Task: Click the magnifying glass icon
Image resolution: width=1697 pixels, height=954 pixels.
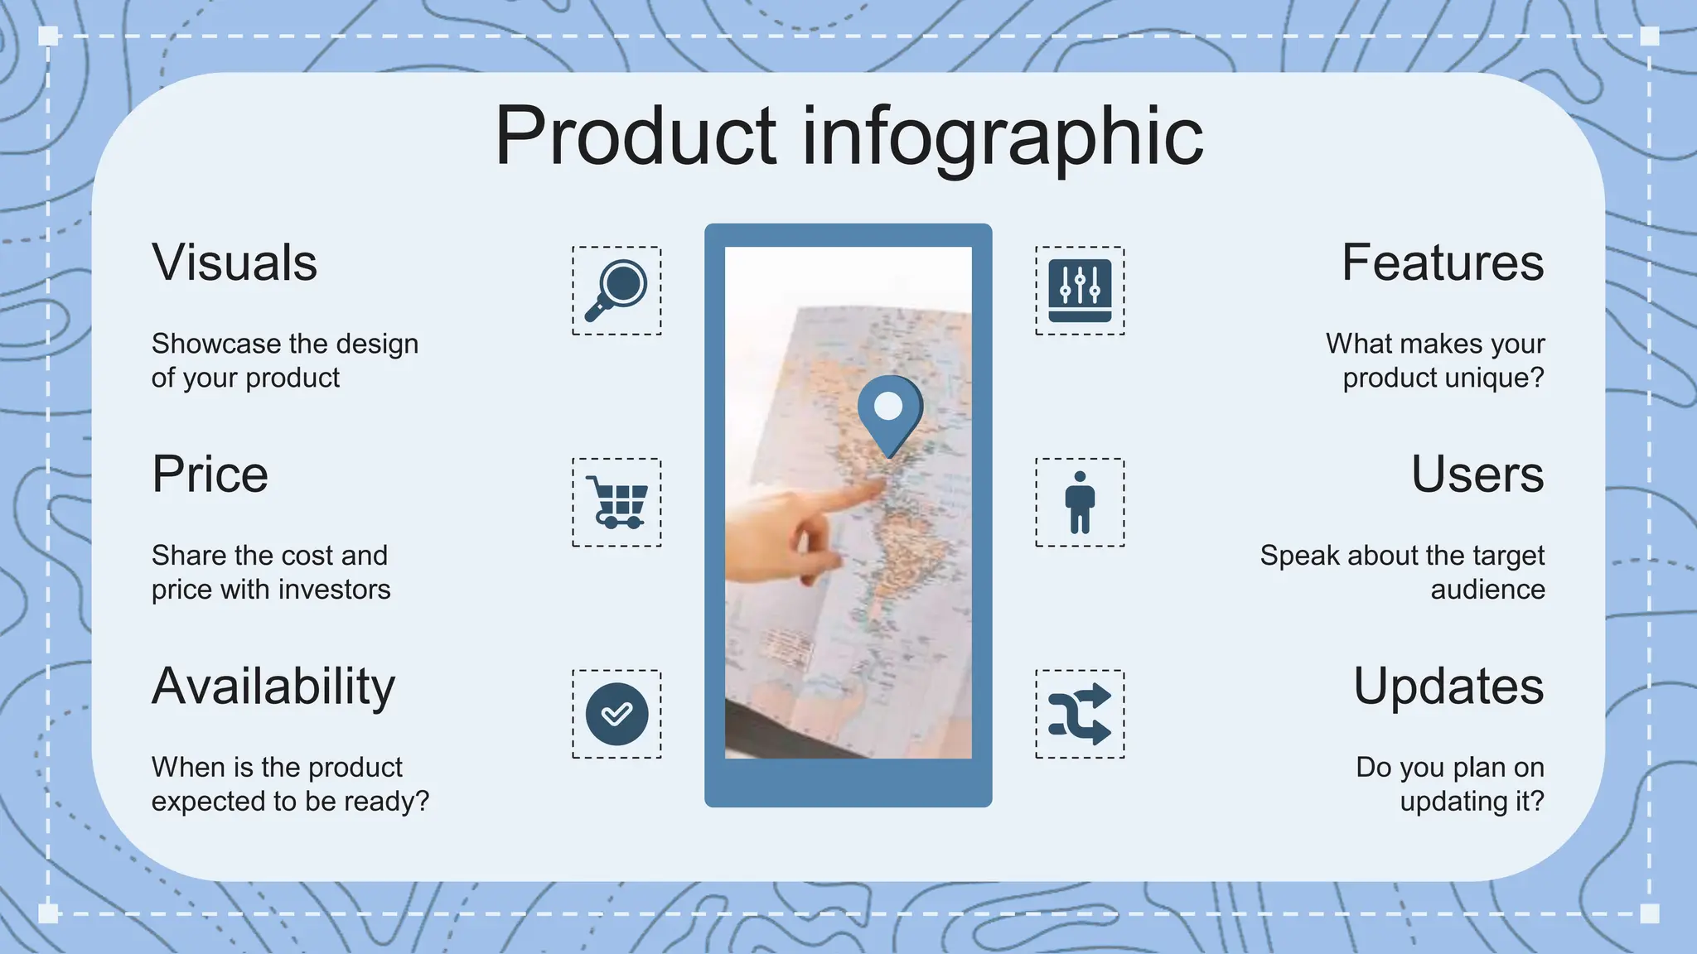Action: click(616, 290)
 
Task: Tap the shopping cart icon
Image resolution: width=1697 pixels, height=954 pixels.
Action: click(616, 502)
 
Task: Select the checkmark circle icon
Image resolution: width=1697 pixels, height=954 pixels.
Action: click(616, 714)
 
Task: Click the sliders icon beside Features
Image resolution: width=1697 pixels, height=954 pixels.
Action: click(1080, 290)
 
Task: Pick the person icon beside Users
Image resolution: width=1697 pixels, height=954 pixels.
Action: click(1080, 502)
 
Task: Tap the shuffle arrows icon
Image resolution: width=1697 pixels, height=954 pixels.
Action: click(1080, 714)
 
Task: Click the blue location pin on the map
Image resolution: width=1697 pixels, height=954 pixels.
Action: click(889, 410)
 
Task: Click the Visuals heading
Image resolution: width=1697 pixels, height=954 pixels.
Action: click(234, 263)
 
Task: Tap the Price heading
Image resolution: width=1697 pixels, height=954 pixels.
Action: click(210, 475)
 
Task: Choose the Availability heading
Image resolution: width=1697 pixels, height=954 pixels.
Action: click(273, 687)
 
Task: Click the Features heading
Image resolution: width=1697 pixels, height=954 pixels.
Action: click(1443, 263)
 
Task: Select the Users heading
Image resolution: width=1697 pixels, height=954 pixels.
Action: click(1477, 475)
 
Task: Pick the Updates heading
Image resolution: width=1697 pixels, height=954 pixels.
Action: click(1448, 687)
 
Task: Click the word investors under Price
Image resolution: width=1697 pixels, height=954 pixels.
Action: click(335, 590)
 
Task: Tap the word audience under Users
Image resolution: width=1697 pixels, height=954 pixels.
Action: click(1487, 590)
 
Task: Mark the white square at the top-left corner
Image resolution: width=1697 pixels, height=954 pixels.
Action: click(48, 36)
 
